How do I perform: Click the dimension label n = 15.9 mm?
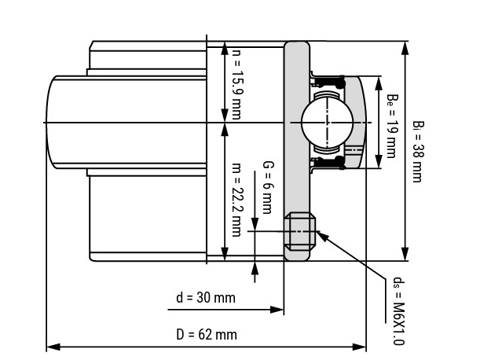pos(236,84)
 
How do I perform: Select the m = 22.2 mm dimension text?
pos(236,200)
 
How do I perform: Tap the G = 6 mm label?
pos(268,187)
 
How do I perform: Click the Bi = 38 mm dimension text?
pos(418,152)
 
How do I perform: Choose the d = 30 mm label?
pos(206,297)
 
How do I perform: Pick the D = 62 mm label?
pos(207,334)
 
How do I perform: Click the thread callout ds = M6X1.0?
pos(398,311)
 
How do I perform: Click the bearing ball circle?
pos(327,123)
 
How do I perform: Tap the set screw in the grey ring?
pos(300,232)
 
